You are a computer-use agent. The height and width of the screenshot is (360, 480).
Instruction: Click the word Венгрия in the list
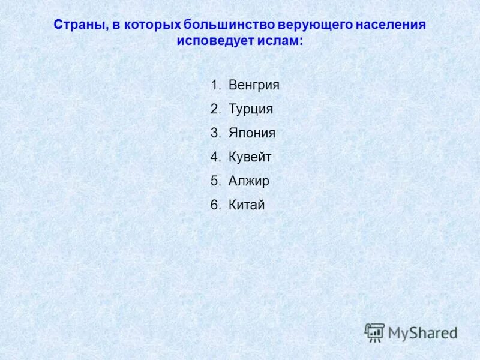(254, 85)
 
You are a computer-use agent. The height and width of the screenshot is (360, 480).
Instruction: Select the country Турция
(250, 109)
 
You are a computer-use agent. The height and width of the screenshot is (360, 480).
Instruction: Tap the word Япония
(252, 133)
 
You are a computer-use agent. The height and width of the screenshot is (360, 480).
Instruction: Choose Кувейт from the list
(250, 157)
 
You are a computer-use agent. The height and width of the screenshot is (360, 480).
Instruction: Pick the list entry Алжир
(249, 181)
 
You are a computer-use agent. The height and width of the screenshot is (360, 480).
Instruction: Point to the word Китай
(247, 205)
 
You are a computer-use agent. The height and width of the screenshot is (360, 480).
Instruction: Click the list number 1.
(214, 85)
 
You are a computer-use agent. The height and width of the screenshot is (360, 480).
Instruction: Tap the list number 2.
(214, 109)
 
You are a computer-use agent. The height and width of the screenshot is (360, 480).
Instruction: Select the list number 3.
(214, 133)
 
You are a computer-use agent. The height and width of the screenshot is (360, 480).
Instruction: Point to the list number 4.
(214, 157)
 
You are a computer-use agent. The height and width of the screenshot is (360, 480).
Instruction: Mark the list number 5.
(214, 181)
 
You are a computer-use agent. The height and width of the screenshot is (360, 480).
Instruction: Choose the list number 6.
(214, 205)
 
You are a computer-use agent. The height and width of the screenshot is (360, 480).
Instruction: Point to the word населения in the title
(390, 25)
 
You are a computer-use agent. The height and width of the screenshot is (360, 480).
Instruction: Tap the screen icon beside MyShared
(374, 332)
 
